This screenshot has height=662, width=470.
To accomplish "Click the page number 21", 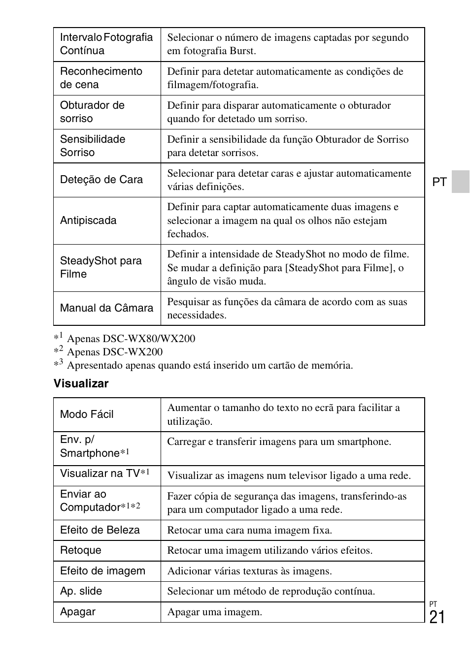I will coord(437,617).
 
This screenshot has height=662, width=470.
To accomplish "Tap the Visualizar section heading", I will coord(81,383).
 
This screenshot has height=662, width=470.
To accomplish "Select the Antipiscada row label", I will coord(88,221).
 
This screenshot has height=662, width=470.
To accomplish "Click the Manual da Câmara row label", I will coord(106,308).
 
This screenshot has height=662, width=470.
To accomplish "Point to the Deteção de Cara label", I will coord(101,180).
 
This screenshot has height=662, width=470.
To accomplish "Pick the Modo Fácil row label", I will coord(87,414).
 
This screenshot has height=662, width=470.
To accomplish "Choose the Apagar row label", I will coord(78,612).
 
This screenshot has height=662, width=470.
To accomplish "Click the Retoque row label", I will coord(80,550).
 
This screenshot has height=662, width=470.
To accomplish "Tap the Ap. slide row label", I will coord(81,591).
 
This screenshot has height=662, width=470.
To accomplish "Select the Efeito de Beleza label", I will coord(100,530).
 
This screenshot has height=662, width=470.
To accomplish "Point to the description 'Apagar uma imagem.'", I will coord(214,612).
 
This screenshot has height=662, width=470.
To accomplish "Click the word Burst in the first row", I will coord(242,51).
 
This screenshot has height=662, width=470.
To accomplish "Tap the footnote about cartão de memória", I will coord(210,365).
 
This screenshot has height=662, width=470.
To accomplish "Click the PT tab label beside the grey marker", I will coord(439,182).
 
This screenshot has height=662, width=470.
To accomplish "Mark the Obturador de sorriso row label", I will coord(92,112).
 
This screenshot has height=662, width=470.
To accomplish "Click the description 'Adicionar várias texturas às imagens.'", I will coord(249,571).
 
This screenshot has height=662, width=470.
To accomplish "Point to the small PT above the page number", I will coord(433,604).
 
